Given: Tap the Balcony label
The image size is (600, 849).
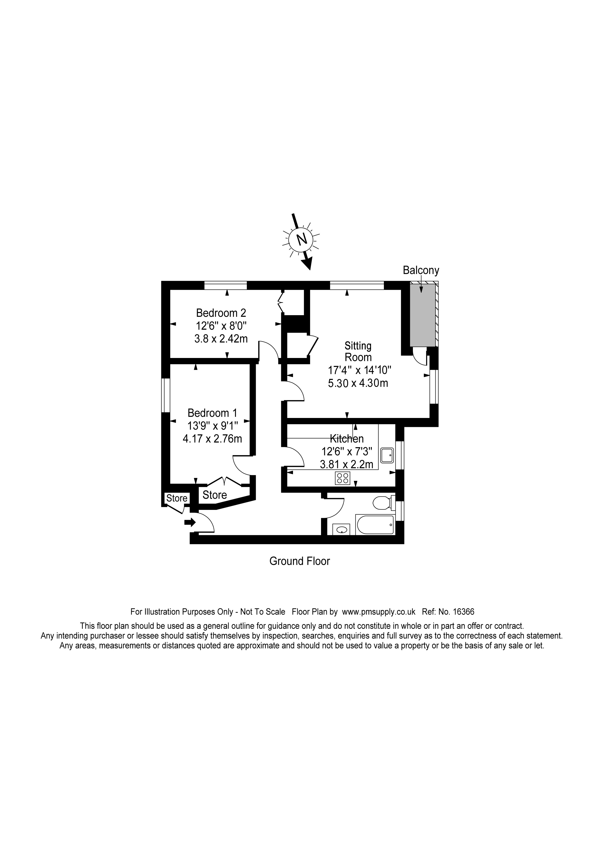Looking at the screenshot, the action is pos(421,270).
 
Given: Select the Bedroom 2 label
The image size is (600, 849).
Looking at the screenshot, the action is pos(221,313).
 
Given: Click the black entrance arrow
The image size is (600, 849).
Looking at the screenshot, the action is pos(190,522).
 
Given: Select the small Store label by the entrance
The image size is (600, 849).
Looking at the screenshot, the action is pos(177,498).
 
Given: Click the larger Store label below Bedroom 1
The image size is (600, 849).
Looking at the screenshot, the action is pos(215,495).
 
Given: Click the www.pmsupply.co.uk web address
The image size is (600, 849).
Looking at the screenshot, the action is pos(379,612).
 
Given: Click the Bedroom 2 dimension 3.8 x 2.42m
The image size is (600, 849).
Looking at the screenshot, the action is pos(221,338).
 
